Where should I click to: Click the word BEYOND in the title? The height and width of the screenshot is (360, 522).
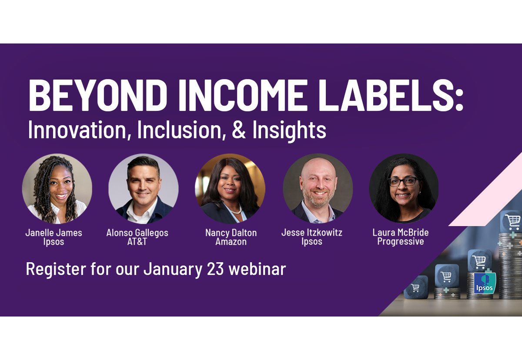coord(98,95)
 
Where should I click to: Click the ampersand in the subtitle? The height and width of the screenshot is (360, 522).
coord(239,130)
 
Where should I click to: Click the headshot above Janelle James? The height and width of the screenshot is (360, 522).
coord(57,188)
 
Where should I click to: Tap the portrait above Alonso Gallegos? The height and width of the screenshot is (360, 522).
coord(143,188)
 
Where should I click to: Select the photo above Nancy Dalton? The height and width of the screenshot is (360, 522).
coord(230,188)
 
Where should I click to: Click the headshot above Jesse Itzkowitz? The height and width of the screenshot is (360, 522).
coord(318,188)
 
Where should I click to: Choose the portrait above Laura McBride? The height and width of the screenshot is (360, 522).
coord(404,188)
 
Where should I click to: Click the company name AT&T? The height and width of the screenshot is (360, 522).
coord(137,241)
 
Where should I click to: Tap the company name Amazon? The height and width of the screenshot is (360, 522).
coord(231,241)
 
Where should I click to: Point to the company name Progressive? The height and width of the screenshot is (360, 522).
coord(401,241)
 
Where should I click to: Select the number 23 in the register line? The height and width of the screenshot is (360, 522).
coord(215,269)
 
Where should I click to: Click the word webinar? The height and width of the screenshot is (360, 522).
coord(257,269)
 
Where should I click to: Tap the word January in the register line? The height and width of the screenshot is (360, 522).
coord(173,270)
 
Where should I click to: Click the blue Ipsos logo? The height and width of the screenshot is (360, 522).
coord(485,283)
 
